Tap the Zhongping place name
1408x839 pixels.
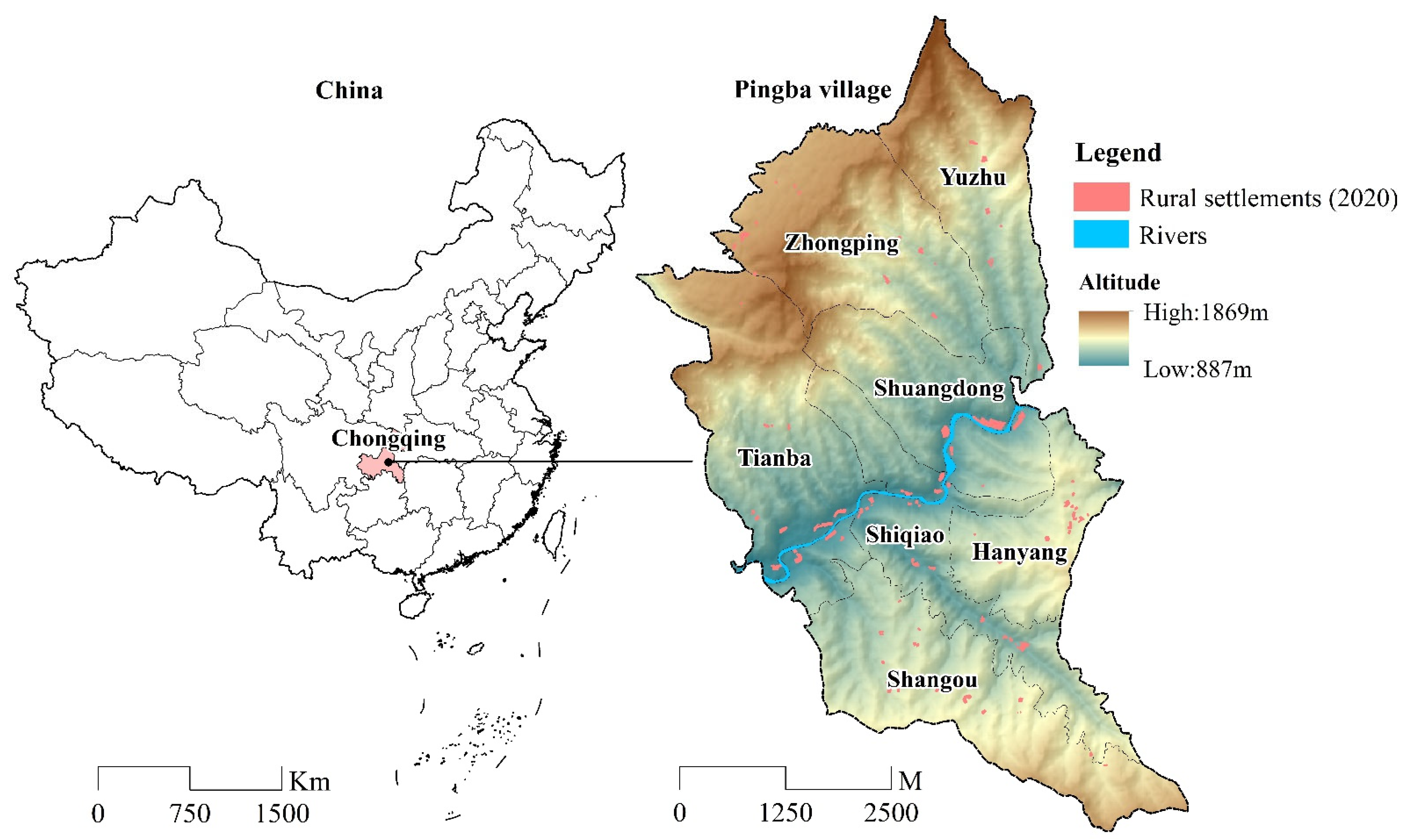[841, 243]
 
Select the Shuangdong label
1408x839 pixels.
[938, 389]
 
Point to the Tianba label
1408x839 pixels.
[775, 458]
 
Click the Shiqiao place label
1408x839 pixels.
[905, 535]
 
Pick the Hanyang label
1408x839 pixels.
[1019, 552]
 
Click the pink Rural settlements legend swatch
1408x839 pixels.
[1101, 197]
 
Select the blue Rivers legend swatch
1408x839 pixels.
[1101, 234]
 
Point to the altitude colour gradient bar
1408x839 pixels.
[1103, 338]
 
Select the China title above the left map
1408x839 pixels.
[349, 90]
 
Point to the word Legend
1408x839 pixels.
[1118, 153]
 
